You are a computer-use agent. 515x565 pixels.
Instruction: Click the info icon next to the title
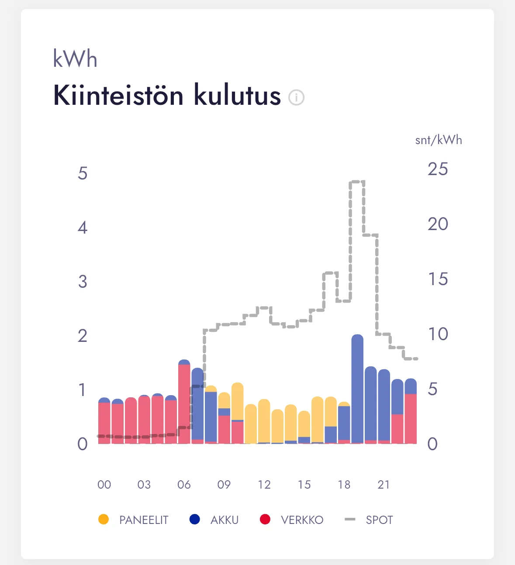296,97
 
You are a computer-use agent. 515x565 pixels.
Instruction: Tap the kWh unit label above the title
75,59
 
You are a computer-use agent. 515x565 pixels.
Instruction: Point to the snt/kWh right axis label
438,140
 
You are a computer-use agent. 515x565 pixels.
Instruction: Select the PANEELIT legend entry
134,520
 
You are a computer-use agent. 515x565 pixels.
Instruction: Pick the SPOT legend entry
369,520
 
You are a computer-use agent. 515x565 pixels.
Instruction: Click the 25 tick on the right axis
438,169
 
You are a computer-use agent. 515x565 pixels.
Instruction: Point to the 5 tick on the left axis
83,173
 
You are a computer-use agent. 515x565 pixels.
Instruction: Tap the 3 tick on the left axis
83,282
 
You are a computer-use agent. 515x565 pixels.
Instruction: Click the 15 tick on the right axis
438,279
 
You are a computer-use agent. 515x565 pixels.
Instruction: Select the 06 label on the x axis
184,485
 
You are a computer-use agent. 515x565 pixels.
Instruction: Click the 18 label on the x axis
344,485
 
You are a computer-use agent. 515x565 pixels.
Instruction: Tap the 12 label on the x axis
264,485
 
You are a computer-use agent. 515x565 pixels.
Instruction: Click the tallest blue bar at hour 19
357,389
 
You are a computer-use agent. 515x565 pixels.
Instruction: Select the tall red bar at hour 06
184,404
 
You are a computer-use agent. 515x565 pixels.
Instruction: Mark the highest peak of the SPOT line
357,182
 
